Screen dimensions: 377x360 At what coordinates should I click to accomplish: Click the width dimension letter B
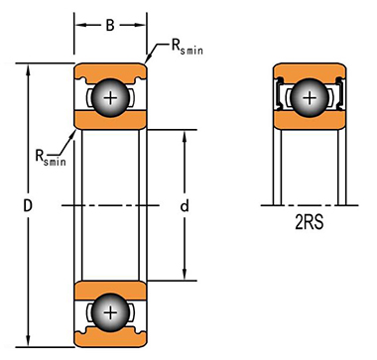tap(110, 25)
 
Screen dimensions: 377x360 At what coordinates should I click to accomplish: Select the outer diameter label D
tap(28, 206)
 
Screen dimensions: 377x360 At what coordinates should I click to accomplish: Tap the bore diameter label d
tap(185, 206)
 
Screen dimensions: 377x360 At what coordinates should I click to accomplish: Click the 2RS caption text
tap(310, 223)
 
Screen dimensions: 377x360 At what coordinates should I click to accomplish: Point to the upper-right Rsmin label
tap(187, 48)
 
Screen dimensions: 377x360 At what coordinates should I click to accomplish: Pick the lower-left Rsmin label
tap(51, 158)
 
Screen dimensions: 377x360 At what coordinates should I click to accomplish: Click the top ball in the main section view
tap(110, 98)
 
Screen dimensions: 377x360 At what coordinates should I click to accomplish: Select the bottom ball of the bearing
tap(110, 312)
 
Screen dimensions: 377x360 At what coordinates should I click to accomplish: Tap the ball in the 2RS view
tap(310, 98)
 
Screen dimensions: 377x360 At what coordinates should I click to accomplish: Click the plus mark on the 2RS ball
tap(310, 98)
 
